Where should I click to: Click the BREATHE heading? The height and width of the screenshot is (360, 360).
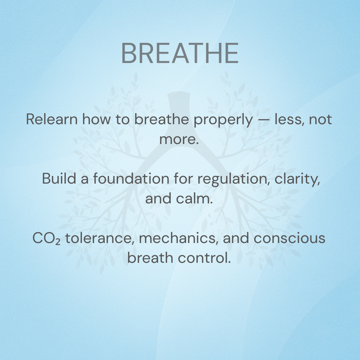pos(180,53)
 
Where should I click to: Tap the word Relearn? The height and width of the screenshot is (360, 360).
pos(52,119)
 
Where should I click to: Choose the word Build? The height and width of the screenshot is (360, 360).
pos(59,179)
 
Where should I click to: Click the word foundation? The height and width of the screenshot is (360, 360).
pos(131,179)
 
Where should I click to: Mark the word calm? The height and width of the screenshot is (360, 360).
pos(194,198)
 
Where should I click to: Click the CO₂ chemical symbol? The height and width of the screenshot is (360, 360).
pos(46,238)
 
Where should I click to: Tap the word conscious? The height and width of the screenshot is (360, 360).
pos(289,238)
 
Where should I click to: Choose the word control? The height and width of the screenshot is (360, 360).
pos(204,258)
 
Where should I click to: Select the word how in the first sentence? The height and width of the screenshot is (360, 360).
pos(96,119)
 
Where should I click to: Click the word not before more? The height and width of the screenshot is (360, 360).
pos(320,120)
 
